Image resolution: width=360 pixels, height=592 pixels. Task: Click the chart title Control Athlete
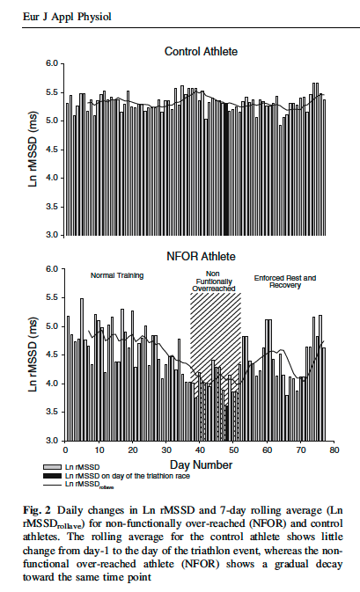201,51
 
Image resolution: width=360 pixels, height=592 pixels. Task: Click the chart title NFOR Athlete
201,256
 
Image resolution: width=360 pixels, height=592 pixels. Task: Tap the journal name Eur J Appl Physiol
67,17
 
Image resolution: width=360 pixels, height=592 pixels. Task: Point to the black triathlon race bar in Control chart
226,169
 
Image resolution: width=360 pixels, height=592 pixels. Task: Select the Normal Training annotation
117,275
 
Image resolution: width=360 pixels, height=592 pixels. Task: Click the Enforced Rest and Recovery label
285,281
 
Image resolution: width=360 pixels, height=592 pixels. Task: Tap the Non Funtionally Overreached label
214,281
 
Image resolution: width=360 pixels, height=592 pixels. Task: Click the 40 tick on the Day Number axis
200,450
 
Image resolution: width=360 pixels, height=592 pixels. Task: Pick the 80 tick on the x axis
334,450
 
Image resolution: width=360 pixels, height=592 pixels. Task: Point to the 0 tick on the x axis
65,450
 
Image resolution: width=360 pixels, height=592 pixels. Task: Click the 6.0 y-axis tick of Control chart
53,63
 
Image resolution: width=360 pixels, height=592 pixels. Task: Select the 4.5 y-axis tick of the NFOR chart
53,354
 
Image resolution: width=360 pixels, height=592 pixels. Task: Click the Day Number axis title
201,464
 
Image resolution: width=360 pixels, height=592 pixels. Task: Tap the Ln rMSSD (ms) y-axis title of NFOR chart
33,354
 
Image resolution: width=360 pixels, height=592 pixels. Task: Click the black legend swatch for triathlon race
53,476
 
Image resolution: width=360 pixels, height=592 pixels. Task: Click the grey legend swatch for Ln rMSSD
53,467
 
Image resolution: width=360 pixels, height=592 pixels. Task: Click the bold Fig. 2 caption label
37,510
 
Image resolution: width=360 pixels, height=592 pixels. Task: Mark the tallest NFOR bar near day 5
82,369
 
